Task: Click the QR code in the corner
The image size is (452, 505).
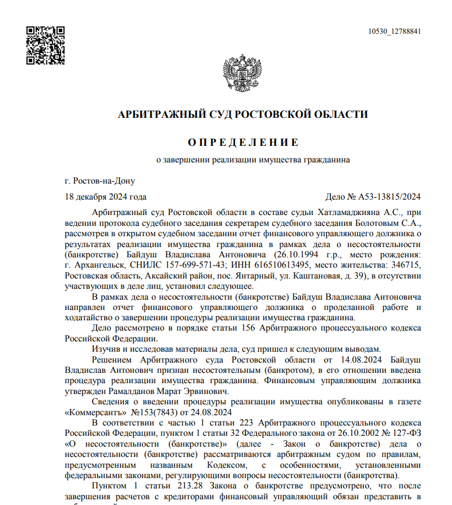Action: tap(45, 45)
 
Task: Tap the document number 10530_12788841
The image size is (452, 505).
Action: tap(394, 31)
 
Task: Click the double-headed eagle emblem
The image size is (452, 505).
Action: tap(243, 74)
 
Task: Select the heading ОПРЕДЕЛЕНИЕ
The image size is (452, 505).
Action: tap(243, 142)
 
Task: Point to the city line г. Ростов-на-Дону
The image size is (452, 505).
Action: tap(100, 181)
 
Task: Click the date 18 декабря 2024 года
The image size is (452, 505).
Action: tap(106, 197)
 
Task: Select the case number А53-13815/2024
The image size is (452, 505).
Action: tap(390, 197)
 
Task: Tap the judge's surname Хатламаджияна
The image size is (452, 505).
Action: tap(345, 212)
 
